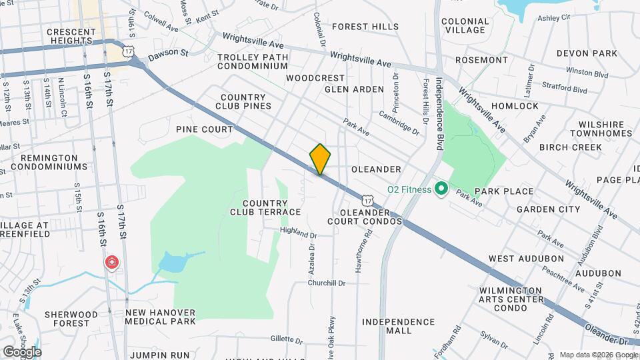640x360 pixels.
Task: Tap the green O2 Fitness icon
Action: pyautogui.click(x=440, y=189)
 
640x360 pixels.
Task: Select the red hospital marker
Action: pyautogui.click(x=112, y=263)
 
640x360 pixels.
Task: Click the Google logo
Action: pyautogui.click(x=22, y=351)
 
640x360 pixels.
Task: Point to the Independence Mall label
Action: pyautogui.click(x=398, y=326)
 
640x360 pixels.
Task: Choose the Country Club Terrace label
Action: pyautogui.click(x=265, y=207)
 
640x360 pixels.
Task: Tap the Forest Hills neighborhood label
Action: pyautogui.click(x=365, y=27)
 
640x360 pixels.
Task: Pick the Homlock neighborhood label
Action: pyautogui.click(x=514, y=106)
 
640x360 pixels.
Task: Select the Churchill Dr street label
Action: pyautogui.click(x=327, y=283)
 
